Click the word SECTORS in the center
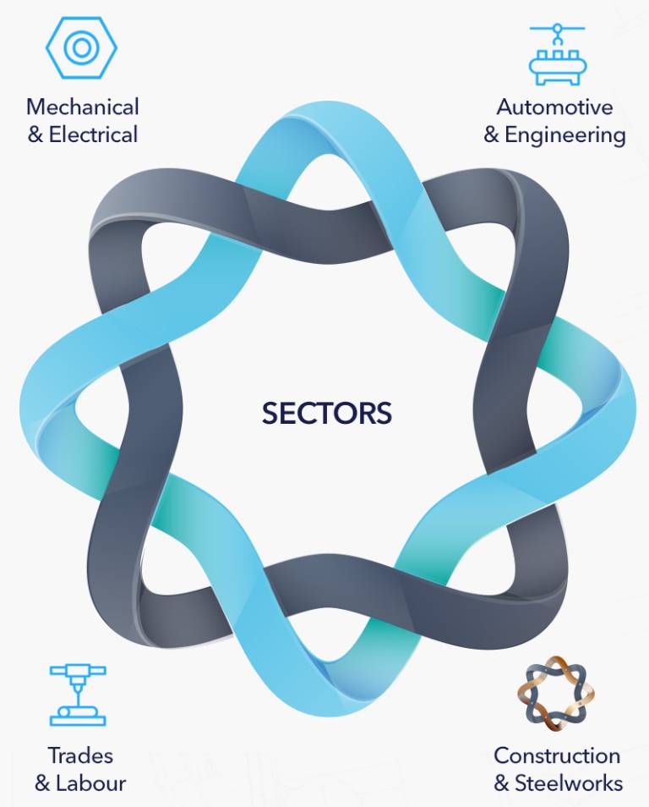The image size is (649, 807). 326,413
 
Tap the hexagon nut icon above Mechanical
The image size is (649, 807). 81,47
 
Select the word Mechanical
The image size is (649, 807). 83,107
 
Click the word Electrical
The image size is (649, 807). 93,134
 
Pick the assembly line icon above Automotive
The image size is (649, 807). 558,54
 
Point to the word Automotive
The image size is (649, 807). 554,107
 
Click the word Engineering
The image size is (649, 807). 565,135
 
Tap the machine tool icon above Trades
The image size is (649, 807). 78,694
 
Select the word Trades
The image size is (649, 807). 80,755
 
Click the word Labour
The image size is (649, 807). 90,783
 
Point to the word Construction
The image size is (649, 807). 557,755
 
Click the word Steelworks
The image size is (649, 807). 569,783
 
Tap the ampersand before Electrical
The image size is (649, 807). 35,135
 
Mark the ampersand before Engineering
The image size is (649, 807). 491,135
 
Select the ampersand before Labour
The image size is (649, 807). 42,784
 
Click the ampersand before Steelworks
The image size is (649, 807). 501,784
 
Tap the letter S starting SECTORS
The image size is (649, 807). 270,413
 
